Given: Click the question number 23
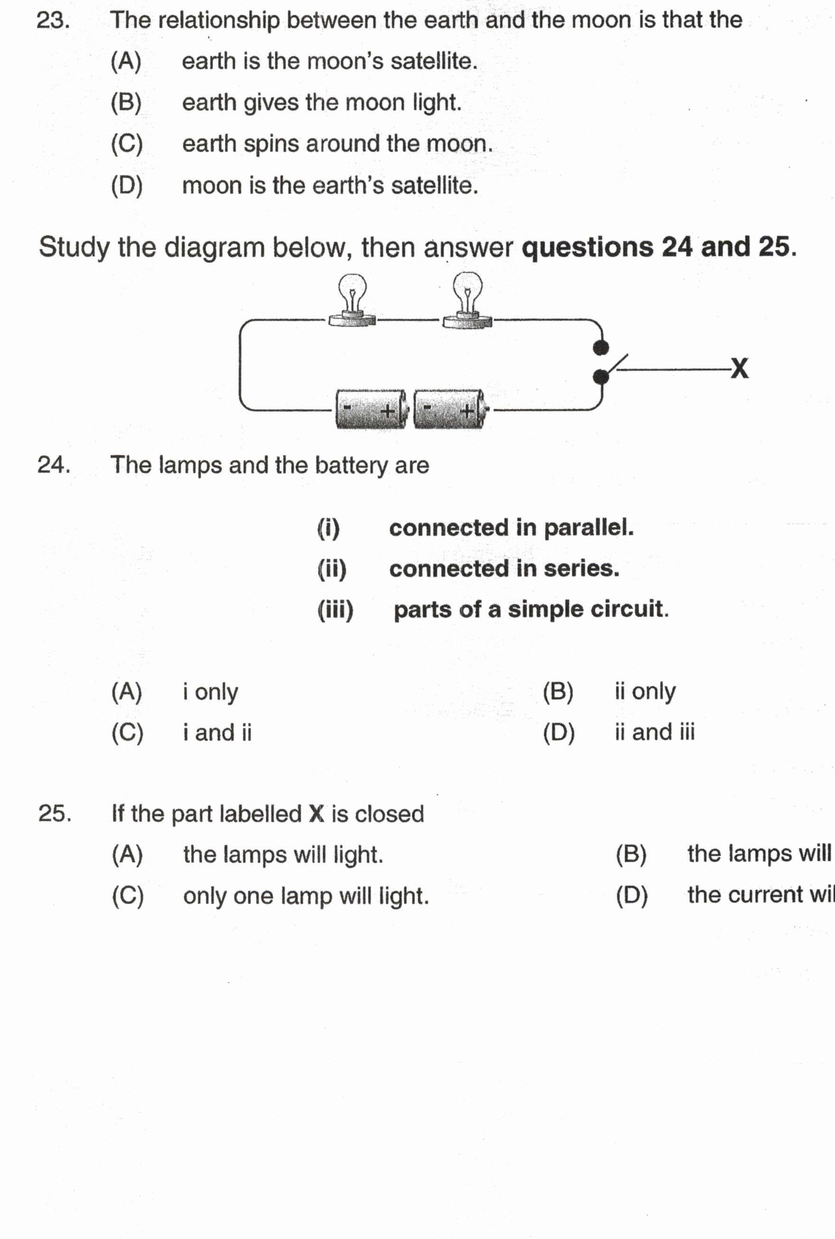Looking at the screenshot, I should tap(53, 21).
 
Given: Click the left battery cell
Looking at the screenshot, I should tap(371, 409).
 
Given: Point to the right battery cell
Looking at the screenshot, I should tap(449, 409).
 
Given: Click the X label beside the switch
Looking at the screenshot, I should tap(739, 368).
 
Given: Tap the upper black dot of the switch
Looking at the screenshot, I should tap(601, 348).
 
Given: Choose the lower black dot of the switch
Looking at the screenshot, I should tap(601, 377).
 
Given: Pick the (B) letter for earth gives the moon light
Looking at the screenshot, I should tap(126, 102).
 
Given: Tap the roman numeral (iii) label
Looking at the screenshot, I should tap(335, 610).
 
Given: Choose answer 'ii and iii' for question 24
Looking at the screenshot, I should tap(654, 732).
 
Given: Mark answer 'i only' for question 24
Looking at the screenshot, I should tap(210, 691).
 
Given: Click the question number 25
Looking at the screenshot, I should tap(54, 813).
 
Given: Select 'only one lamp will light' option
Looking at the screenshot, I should tap(306, 896).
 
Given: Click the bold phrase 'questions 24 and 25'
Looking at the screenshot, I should tap(658, 247).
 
